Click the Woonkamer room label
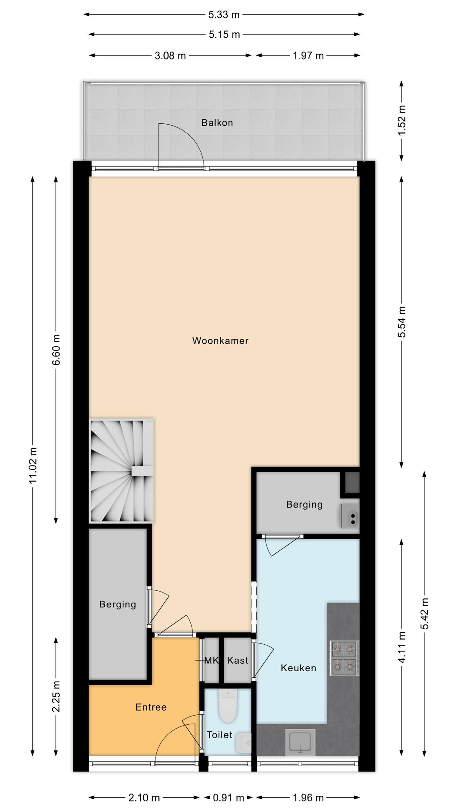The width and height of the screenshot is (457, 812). pyautogui.click(x=220, y=341)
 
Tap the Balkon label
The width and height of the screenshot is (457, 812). pyautogui.click(x=217, y=123)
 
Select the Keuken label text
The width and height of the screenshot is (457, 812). pyautogui.click(x=298, y=668)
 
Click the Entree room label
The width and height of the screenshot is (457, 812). pyautogui.click(x=151, y=707)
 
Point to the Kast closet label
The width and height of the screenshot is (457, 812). pyautogui.click(x=238, y=661)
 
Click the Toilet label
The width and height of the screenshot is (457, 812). pyautogui.click(x=219, y=735)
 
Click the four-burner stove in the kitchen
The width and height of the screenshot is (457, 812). pyautogui.click(x=344, y=658)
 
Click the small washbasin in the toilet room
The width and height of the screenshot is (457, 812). pyautogui.click(x=243, y=743)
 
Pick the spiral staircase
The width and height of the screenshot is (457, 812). pyautogui.click(x=121, y=471)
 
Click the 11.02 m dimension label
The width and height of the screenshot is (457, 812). pyautogui.click(x=33, y=465)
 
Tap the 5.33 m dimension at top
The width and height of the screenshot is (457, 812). pyautogui.click(x=224, y=15)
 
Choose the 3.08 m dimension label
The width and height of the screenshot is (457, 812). pyautogui.click(x=170, y=56)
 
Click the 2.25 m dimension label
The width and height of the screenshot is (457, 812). pyautogui.click(x=56, y=697)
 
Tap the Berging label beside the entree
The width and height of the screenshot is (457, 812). pyautogui.click(x=117, y=604)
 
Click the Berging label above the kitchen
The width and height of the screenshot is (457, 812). pyautogui.click(x=304, y=504)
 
